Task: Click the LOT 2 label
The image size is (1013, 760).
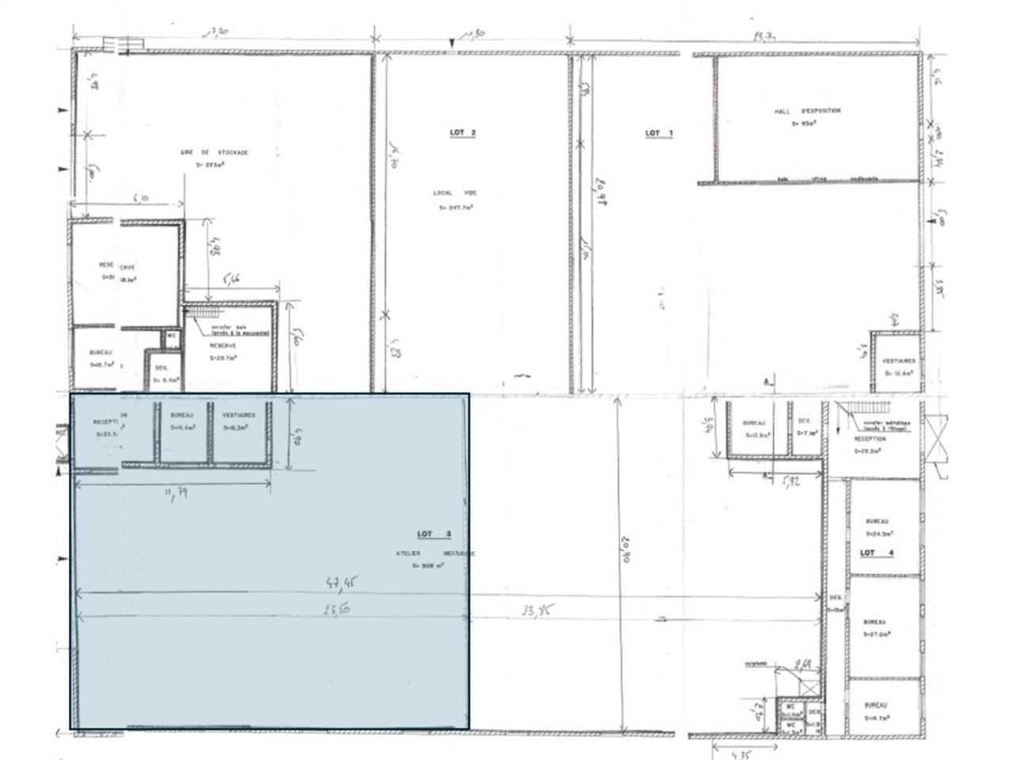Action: click(462, 133)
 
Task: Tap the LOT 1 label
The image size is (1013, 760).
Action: click(658, 133)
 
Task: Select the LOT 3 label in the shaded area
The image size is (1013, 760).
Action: click(433, 534)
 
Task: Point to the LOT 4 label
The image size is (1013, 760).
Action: click(877, 553)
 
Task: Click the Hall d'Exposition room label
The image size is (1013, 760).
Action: click(807, 112)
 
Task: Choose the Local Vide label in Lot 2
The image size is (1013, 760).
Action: click(455, 193)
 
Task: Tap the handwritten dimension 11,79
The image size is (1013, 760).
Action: click(175, 494)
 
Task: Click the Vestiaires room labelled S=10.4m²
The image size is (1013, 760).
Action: click(898, 366)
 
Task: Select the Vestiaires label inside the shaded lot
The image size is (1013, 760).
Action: click(238, 416)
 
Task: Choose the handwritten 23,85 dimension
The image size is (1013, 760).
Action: click(538, 610)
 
